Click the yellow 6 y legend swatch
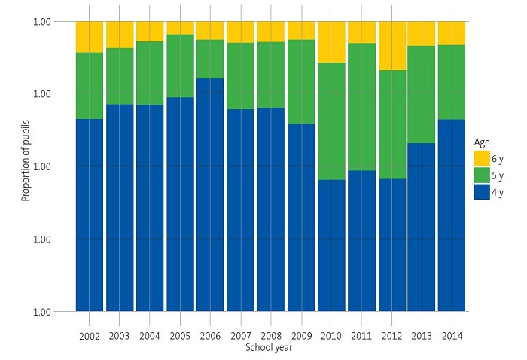point(483,159)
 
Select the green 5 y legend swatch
point(483,175)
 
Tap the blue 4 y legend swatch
point(483,192)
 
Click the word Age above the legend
point(481,142)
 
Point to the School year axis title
point(269,348)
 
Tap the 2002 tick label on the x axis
point(90,336)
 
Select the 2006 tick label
point(210,336)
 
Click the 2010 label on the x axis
point(331,336)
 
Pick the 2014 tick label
point(451,336)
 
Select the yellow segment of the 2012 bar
point(391,45)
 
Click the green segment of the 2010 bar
point(331,121)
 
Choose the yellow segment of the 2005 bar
point(180,28)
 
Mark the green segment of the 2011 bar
point(361,106)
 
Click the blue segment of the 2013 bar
point(422,227)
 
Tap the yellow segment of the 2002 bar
point(90,37)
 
